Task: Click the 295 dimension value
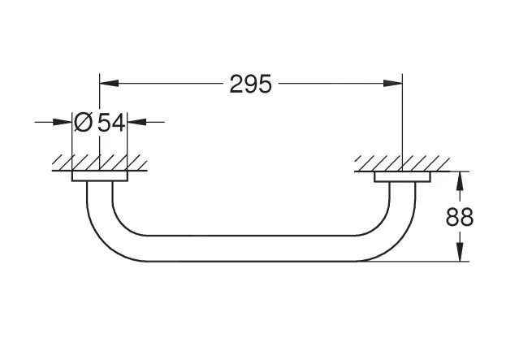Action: coord(249,83)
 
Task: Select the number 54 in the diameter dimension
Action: coord(111,123)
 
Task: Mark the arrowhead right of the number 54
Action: coord(136,123)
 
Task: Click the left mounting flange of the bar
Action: coord(99,176)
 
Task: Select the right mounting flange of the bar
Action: coord(401,176)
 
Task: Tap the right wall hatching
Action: coord(401,163)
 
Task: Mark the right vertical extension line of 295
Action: coord(402,122)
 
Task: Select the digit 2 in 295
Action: coord(236,83)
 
